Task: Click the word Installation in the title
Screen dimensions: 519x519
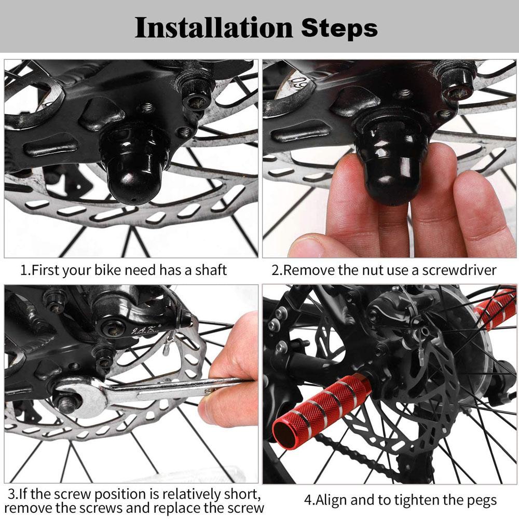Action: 213,28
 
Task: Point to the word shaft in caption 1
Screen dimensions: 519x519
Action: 211,270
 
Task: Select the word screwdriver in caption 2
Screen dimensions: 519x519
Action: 459,270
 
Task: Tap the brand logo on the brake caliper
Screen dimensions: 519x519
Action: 146,331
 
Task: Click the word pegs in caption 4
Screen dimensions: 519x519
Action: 482,501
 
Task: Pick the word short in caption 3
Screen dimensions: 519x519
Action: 240,494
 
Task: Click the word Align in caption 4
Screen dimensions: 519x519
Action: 331,501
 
